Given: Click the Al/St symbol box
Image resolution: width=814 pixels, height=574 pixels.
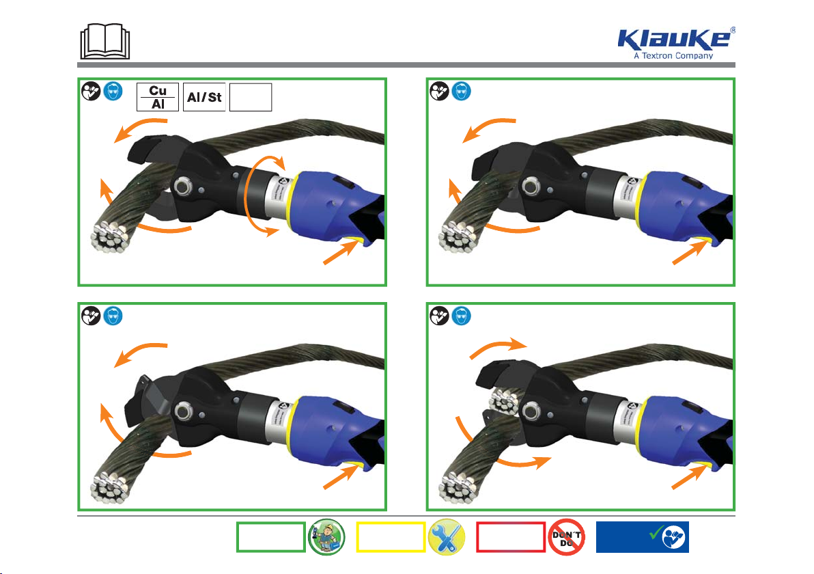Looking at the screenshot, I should tap(204, 97).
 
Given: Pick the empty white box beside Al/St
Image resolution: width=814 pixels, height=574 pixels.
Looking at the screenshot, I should tap(251, 97).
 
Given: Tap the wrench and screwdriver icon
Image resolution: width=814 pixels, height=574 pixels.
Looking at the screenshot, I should tap(447, 538).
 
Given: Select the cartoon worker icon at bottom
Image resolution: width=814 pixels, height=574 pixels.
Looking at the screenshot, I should tap(326, 538).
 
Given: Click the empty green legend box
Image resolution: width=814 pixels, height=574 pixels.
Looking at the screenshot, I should tap(270, 538).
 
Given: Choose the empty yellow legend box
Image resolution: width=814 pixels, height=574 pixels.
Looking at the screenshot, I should tap(390, 538).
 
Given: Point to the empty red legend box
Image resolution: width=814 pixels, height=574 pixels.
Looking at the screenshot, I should tap(510, 538).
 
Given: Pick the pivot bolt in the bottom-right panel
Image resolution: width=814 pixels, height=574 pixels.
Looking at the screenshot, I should tap(531, 410).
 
